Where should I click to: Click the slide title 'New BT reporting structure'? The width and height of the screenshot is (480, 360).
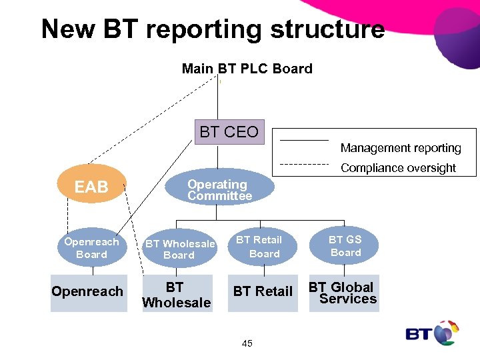click(x=213, y=29)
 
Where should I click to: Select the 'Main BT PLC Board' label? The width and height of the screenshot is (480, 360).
click(x=247, y=69)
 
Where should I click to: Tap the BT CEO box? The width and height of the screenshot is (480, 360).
click(x=229, y=132)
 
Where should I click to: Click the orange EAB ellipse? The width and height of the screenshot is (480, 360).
click(x=91, y=187)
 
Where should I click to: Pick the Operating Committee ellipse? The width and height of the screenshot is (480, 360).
click(x=219, y=190)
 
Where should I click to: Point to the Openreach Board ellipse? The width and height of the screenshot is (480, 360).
click(x=91, y=248)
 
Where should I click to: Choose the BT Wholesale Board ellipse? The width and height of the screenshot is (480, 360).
click(x=179, y=249)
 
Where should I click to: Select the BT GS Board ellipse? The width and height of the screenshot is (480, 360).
click(x=345, y=245)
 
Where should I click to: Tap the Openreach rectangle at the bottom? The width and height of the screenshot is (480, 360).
click(x=87, y=292)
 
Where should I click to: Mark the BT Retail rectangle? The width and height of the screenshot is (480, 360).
click(x=262, y=292)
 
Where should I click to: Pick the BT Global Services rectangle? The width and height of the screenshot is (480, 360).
click(x=344, y=293)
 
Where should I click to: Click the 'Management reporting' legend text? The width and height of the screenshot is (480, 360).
click(x=401, y=148)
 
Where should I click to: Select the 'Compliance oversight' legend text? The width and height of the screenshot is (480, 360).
click(x=398, y=168)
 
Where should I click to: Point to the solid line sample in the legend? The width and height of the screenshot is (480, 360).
click(x=303, y=141)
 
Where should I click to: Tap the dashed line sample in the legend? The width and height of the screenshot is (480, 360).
click(x=303, y=163)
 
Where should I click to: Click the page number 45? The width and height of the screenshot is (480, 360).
click(x=247, y=343)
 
